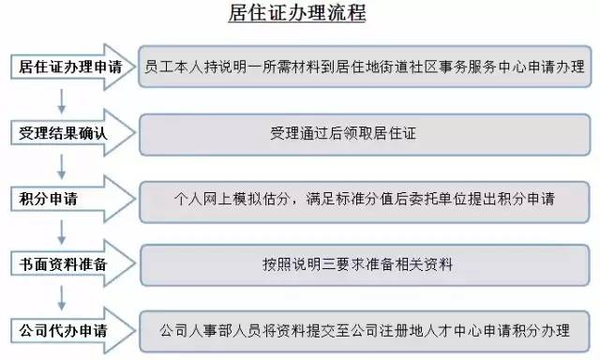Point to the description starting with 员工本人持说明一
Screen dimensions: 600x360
(x=365, y=67)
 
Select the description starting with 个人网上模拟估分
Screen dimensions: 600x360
(x=365, y=199)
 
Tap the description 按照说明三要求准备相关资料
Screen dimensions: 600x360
(x=365, y=264)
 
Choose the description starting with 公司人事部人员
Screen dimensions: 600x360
(x=365, y=330)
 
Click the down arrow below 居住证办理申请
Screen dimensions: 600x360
(x=62, y=100)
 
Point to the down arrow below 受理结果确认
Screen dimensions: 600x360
(x=62, y=166)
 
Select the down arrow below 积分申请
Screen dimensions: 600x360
(x=62, y=232)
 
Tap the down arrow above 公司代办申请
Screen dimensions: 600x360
(x=62, y=297)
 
